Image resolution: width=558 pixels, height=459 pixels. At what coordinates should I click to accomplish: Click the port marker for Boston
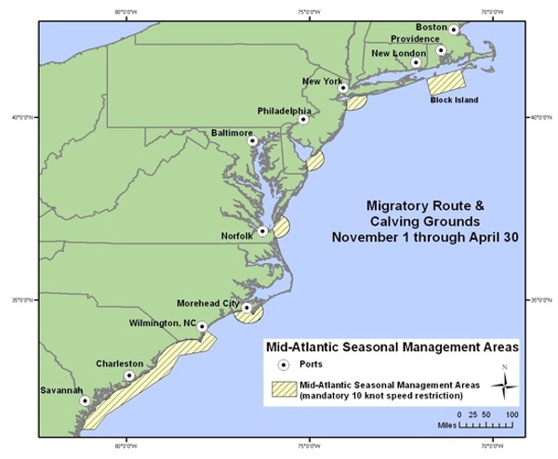454,30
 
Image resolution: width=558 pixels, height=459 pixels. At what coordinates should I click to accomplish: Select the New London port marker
416,63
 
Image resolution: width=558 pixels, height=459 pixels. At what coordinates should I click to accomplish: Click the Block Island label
453,98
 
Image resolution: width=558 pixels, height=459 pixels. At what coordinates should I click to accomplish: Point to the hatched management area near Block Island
447,81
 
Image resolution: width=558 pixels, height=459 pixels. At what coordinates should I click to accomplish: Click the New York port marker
342,89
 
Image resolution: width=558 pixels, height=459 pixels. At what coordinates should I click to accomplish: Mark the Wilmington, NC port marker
202,327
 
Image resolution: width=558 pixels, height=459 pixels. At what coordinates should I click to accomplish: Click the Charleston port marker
129,375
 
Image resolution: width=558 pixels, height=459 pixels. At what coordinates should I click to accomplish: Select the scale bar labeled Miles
487,425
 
